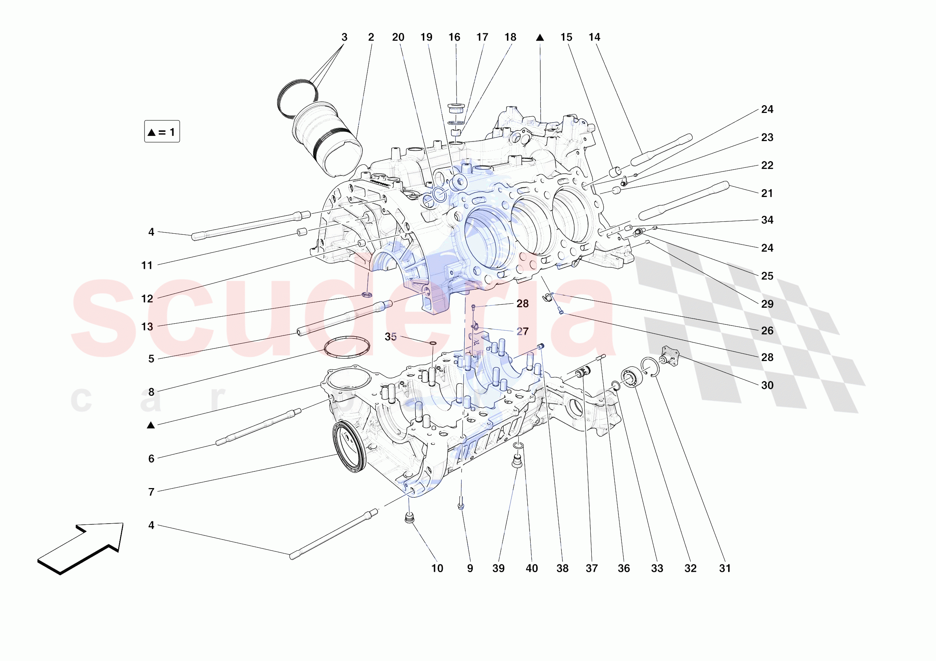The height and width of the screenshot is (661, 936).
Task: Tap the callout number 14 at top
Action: (594, 37)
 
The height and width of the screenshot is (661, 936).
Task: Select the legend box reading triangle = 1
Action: (162, 131)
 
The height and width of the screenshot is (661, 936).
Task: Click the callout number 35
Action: (390, 337)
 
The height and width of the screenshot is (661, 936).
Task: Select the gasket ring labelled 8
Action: (347, 347)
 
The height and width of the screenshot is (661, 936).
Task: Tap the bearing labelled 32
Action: (631, 377)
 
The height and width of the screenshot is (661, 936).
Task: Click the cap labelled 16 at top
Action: (456, 109)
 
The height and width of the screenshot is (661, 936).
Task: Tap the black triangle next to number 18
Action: (540, 38)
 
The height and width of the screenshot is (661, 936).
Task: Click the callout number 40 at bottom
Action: (532, 568)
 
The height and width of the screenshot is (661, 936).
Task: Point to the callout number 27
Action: (522, 332)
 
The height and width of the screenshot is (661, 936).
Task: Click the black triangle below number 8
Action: (151, 425)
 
